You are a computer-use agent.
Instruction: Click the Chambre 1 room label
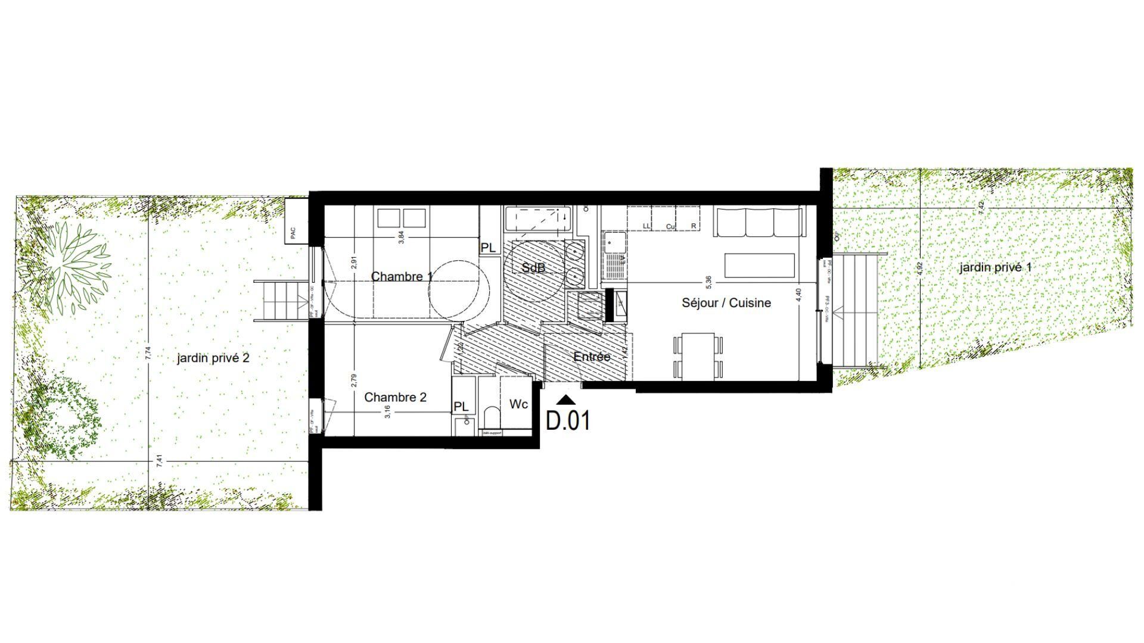click(x=402, y=277)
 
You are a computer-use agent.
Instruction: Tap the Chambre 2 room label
click(x=395, y=397)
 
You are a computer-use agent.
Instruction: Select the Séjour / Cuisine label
click(x=726, y=303)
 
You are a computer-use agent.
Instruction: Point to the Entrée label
click(x=592, y=357)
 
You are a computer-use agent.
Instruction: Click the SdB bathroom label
click(x=533, y=268)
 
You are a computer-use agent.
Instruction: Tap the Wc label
click(x=518, y=405)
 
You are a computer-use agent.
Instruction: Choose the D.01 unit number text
click(x=568, y=421)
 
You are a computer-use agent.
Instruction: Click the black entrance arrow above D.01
click(x=567, y=401)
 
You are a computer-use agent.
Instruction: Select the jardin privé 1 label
click(x=995, y=267)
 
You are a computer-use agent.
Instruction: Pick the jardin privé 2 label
click(x=213, y=358)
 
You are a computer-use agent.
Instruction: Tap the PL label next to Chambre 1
click(x=488, y=248)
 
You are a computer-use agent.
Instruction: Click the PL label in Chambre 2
click(x=461, y=407)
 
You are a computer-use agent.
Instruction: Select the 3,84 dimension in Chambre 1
click(x=402, y=236)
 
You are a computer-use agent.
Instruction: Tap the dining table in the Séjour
click(x=698, y=356)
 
